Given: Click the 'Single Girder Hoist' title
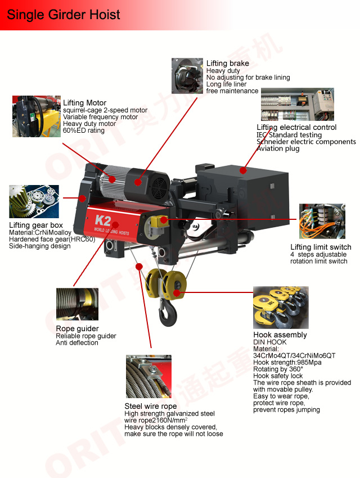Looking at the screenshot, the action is pos(64,15).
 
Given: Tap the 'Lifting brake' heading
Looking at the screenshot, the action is pos(228,63).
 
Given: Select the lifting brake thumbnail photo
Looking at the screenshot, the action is pos(187,75).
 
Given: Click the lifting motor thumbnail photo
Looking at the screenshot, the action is pos(36,116).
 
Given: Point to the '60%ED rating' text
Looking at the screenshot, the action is pos(83,130).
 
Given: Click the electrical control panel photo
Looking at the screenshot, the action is pos(298,104).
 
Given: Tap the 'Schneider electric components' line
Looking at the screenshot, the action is pos(306,142).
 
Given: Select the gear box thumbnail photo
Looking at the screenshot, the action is pos(34,201).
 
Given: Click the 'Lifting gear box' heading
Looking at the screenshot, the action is pos(36,225).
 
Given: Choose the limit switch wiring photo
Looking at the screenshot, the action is pos(322,221).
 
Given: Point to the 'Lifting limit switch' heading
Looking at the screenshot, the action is pos(321,247).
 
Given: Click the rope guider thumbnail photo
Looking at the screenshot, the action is pos(77,304).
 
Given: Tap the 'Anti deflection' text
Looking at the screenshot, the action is pos(77,342).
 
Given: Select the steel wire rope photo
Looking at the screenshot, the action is pos(148,376).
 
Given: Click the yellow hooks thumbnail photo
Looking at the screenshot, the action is pos(281,307).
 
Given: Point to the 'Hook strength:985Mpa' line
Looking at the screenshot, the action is pos(287,363).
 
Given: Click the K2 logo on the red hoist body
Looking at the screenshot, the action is pos(103,220).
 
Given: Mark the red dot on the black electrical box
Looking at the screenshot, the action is pos(243,170).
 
